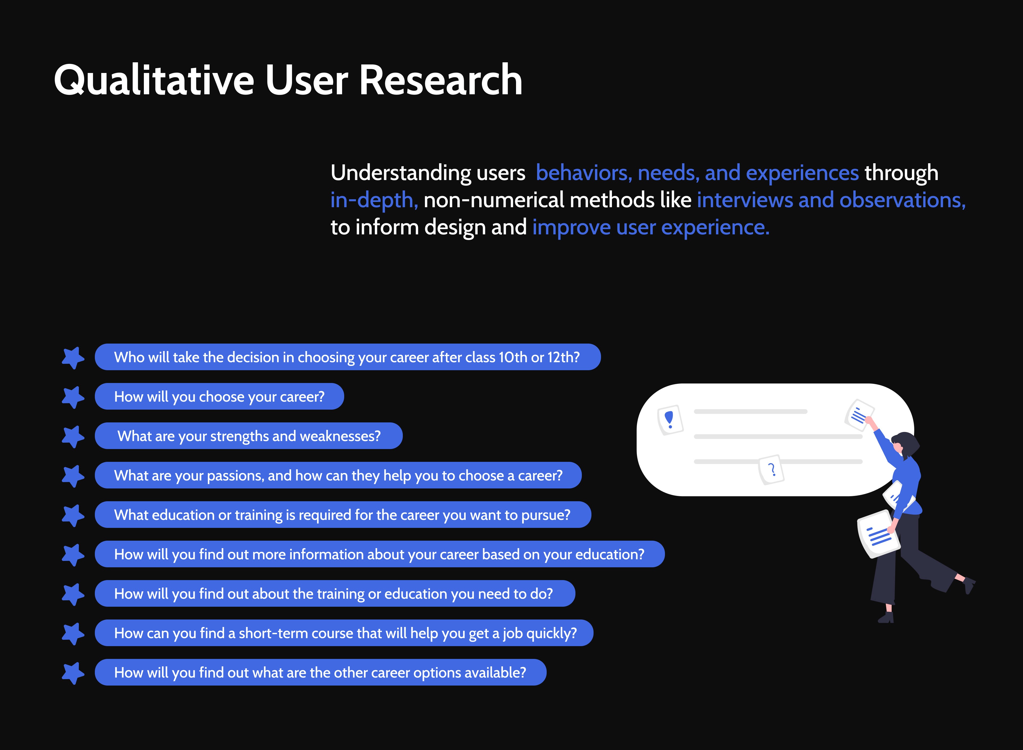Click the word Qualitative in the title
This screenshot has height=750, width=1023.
153,80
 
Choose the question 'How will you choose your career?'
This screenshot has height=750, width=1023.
219,397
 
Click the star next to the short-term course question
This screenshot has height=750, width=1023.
73,634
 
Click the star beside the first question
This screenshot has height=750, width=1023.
73,358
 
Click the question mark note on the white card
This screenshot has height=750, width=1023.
771,470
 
